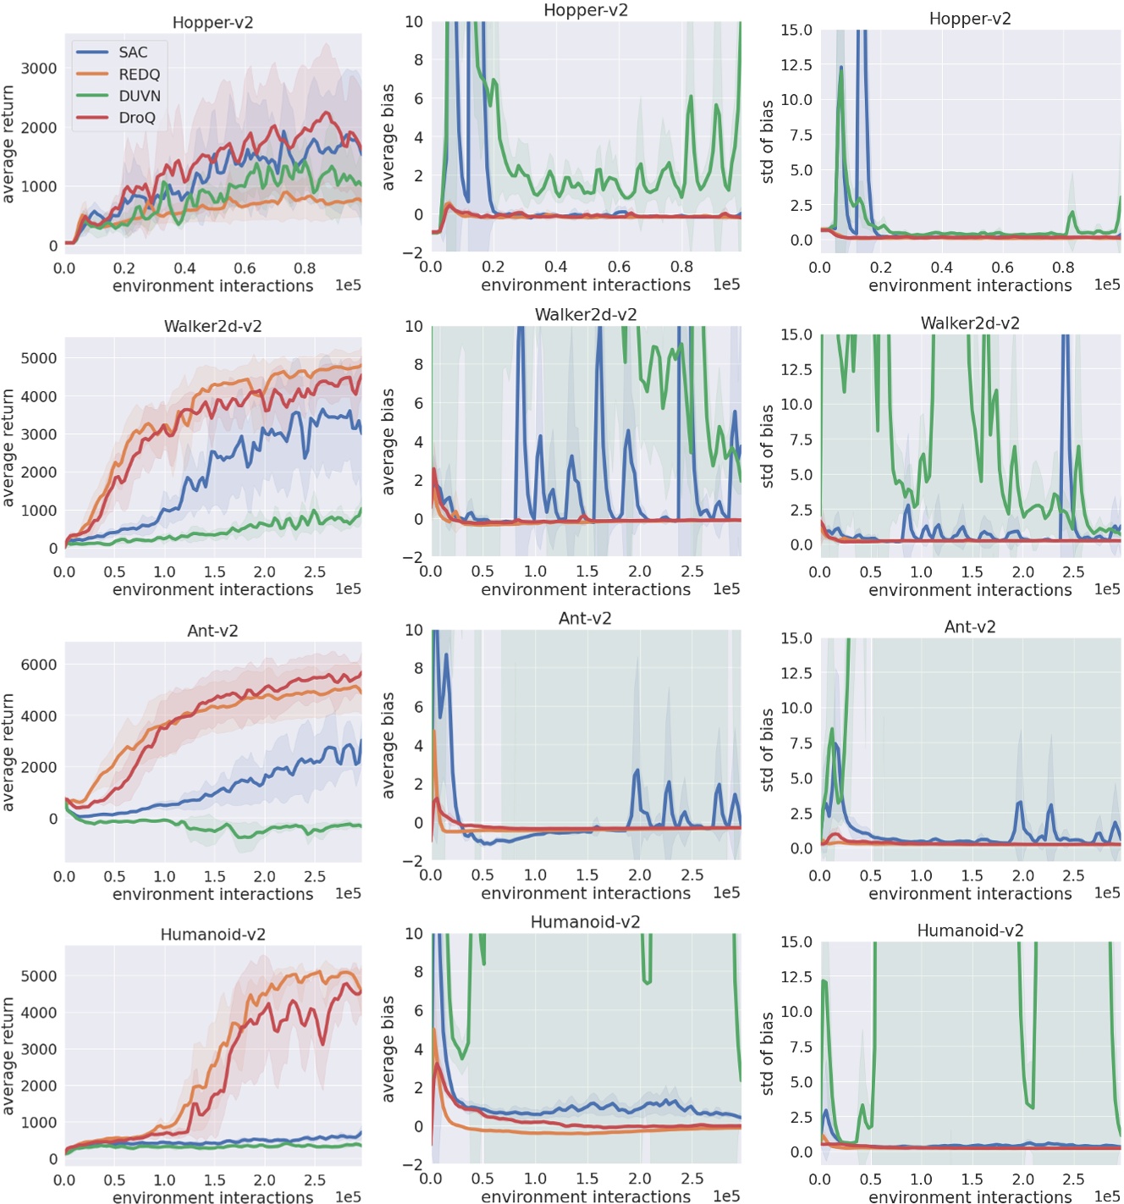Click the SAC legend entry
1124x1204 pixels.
[x=132, y=52]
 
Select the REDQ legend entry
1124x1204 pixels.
[x=139, y=75]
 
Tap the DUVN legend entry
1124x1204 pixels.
[x=139, y=96]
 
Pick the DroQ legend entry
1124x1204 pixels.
[x=136, y=118]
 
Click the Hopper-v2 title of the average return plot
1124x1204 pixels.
[x=212, y=23]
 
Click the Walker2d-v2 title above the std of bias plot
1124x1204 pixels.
[x=970, y=323]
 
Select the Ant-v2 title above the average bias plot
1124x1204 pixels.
[x=585, y=619]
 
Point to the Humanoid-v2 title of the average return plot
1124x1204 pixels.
[x=212, y=935]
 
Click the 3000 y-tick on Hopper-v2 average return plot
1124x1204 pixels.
[x=39, y=69]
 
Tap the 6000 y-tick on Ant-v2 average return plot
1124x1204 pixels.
[x=39, y=665]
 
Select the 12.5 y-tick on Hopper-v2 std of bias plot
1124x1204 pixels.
[x=796, y=65]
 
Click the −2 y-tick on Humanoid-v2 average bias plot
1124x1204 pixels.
[x=412, y=1165]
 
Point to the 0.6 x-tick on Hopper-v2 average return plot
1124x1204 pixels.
[x=245, y=268]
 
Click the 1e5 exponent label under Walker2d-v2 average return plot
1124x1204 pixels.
[x=348, y=589]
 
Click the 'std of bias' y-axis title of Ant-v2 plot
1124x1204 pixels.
[x=768, y=749]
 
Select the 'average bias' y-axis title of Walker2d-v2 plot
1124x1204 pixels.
[x=388, y=441]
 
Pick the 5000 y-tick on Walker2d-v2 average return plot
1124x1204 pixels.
[x=39, y=358]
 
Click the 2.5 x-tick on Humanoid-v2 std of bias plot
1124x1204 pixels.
[x=1073, y=1179]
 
